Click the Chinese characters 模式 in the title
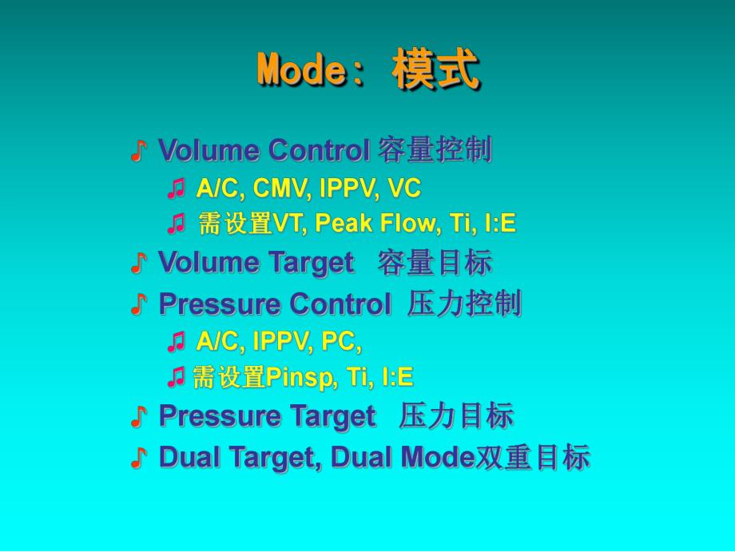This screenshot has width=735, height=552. pyautogui.click(x=435, y=71)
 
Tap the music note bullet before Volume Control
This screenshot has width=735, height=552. pyautogui.click(x=139, y=150)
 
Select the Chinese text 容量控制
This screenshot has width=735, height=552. pyautogui.click(x=435, y=150)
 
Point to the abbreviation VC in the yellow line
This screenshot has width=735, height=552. pyautogui.click(x=403, y=189)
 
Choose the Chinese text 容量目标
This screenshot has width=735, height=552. pyautogui.click(x=435, y=263)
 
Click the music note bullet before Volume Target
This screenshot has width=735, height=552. pyautogui.click(x=139, y=263)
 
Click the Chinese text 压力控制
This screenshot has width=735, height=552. pyautogui.click(x=464, y=304)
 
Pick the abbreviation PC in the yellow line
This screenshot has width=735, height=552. pyautogui.click(x=339, y=342)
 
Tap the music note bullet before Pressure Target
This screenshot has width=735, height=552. pyautogui.click(x=139, y=416)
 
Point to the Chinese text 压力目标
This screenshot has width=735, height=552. pyautogui.click(x=456, y=416)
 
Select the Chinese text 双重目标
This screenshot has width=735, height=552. pyautogui.click(x=533, y=458)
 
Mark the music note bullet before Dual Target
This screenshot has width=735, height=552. pyautogui.click(x=139, y=458)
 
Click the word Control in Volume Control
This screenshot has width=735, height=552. pyautogui.click(x=317, y=150)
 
